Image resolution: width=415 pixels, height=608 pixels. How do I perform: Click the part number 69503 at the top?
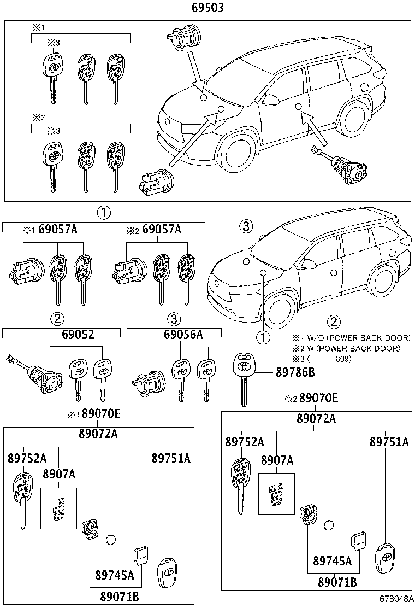tap(207, 8)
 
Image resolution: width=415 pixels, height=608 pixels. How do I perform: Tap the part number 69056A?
tap(183, 335)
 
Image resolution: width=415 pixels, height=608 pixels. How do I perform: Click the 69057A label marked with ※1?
tap(57, 230)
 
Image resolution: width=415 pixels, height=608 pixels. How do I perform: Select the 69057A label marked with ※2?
tap(161, 230)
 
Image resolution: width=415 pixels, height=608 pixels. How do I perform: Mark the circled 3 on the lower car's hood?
tap(246, 226)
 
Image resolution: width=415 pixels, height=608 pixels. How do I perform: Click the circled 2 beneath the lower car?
tap(334, 320)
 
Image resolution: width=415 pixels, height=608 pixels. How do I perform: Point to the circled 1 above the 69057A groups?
tap(104, 213)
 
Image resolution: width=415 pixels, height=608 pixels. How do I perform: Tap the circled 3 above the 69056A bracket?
tap(173, 318)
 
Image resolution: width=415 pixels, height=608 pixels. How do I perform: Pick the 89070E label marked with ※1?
tap(102, 414)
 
